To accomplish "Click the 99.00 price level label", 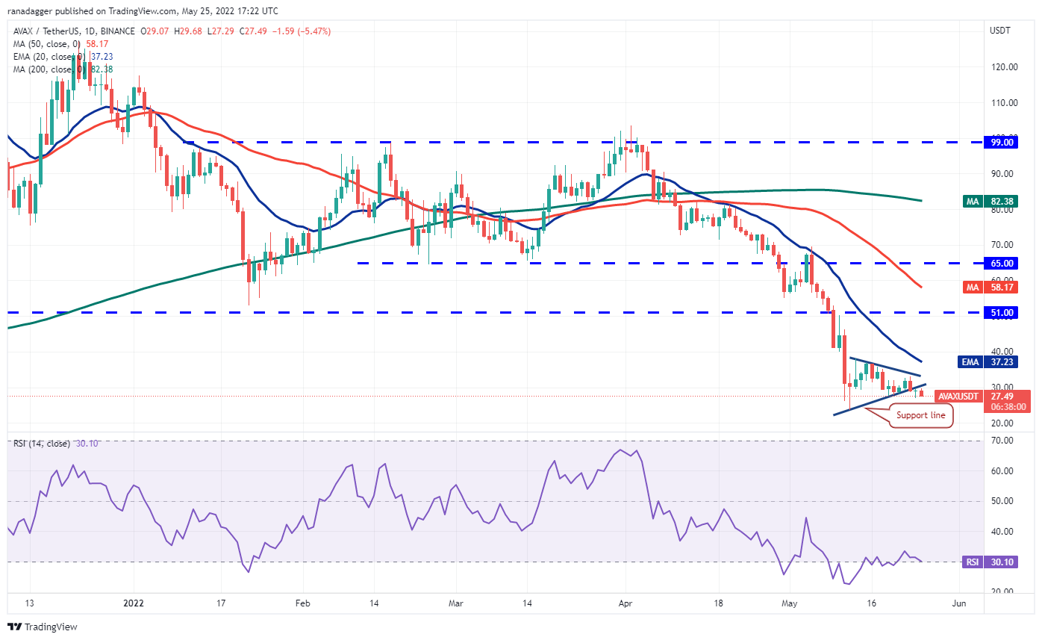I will [999, 142].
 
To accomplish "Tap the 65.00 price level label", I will [999, 263].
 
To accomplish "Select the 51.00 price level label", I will [999, 313].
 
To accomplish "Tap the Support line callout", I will [921, 414].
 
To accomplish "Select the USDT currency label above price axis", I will [999, 31].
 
